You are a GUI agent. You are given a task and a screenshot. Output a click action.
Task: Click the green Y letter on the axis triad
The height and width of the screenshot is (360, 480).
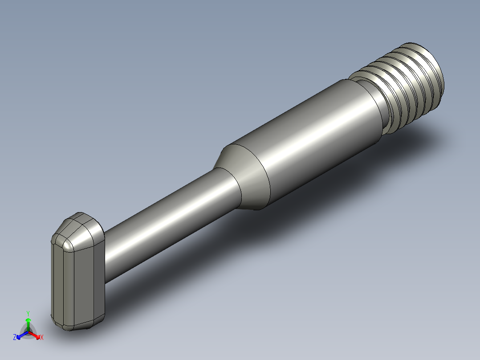(28, 313)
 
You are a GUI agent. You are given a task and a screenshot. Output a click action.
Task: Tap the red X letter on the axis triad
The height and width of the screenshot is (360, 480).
(42, 337)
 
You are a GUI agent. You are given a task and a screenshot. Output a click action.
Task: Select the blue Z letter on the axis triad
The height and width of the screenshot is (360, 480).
(15, 337)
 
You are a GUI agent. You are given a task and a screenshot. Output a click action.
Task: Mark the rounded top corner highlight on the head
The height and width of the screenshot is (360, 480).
(67, 244)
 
